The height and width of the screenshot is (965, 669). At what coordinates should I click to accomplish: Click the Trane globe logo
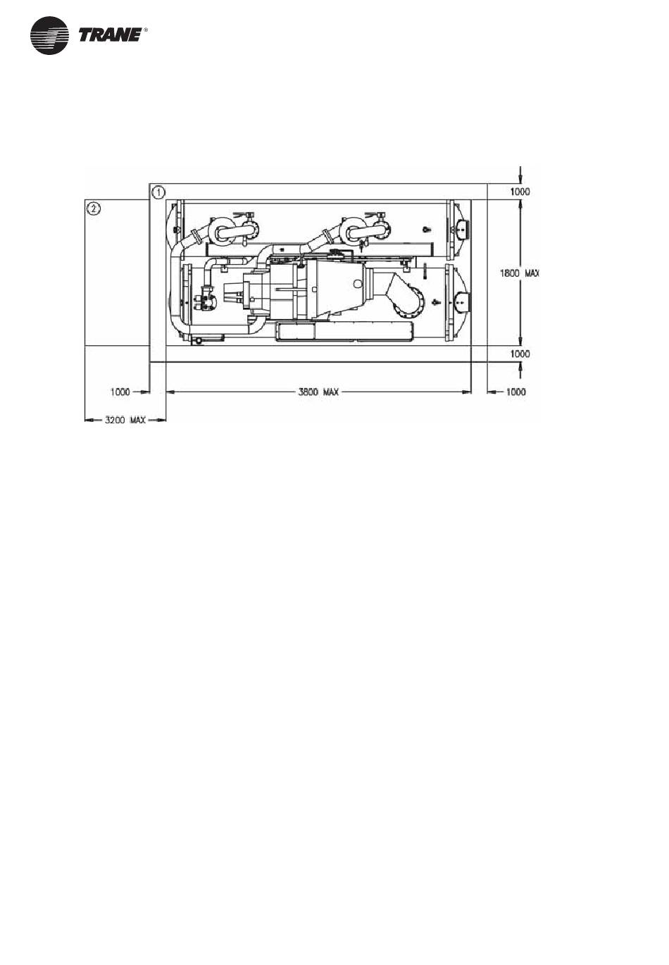click(x=49, y=36)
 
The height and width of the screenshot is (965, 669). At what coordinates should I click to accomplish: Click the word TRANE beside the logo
click(x=111, y=36)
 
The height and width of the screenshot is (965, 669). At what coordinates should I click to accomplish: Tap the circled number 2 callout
click(x=94, y=208)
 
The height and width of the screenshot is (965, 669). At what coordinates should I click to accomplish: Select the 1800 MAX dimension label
click(x=519, y=273)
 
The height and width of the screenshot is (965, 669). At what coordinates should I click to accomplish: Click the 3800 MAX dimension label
click(x=318, y=392)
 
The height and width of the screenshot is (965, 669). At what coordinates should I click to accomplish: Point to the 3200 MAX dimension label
click(x=125, y=420)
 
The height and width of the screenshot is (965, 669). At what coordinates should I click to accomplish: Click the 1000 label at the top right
click(x=520, y=192)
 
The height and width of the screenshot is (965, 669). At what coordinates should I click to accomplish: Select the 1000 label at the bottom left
click(x=120, y=392)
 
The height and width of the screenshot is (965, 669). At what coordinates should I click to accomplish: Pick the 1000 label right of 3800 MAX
click(x=515, y=392)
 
